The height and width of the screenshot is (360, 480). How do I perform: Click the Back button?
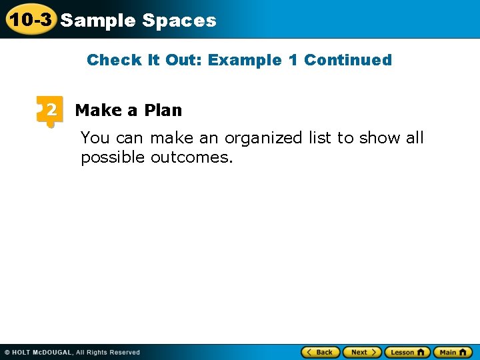coord(321,352)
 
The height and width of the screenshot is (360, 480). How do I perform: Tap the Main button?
coord(453,352)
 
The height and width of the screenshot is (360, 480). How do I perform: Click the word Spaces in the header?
coord(179,21)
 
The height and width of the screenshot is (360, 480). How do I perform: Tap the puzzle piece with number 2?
coord(50,110)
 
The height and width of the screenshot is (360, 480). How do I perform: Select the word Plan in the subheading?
coord(163,110)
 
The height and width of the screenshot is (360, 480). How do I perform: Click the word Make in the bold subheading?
coord(98,110)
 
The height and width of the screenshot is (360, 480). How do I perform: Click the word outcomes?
coord(191,158)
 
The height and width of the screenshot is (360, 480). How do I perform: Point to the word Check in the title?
coord(114,60)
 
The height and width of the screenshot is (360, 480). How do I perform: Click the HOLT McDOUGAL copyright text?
coord(72,352)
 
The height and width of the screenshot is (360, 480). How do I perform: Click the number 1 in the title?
coord(293,60)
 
